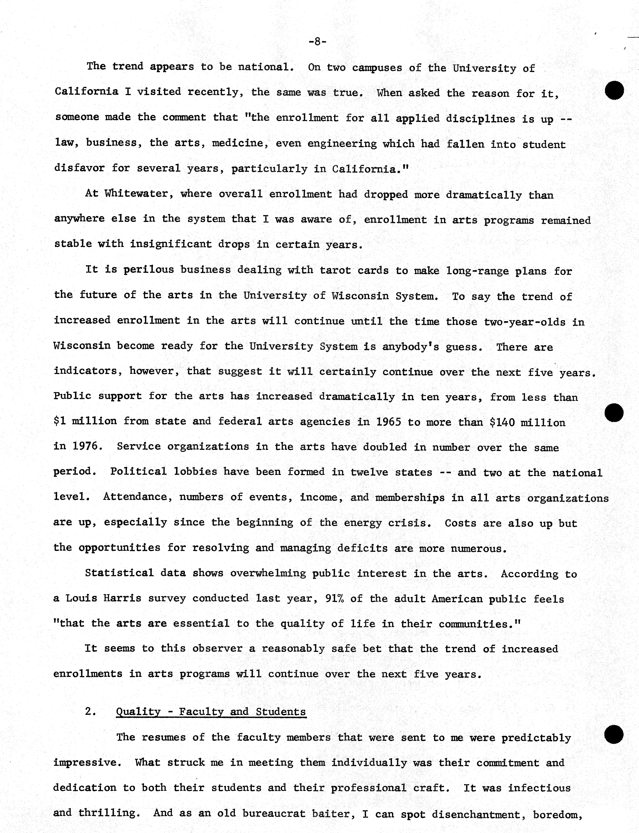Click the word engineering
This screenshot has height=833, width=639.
pos(342,144)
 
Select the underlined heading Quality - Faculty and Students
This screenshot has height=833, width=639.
pos(211,712)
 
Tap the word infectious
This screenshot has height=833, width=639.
pos(539,788)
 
